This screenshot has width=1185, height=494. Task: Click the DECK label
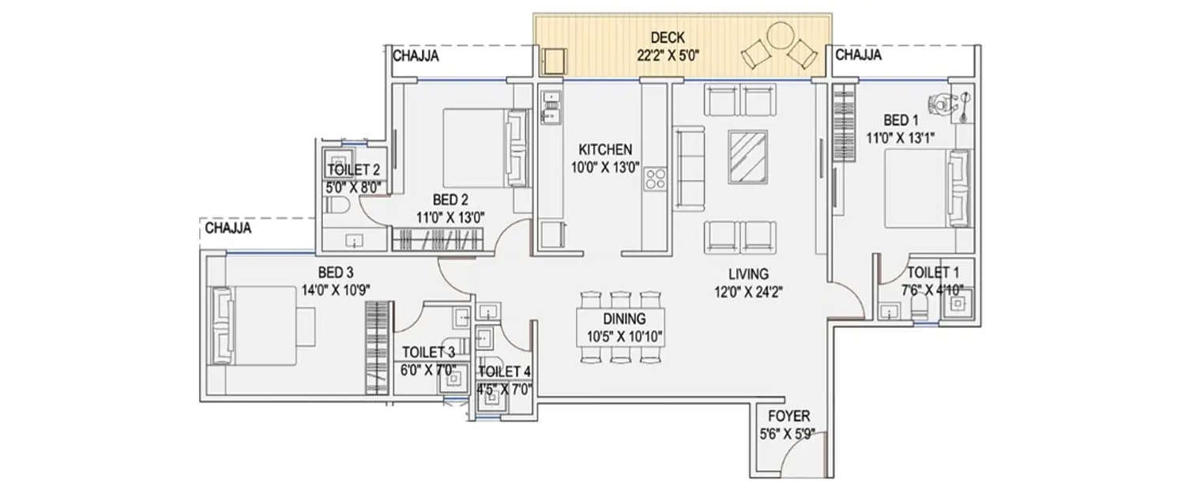click(x=668, y=37)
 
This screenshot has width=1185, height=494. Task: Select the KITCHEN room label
click(x=605, y=149)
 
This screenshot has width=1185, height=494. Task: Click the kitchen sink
click(x=550, y=108)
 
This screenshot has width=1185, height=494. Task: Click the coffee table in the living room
click(x=747, y=156)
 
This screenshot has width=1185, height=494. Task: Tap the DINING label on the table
click(x=623, y=319)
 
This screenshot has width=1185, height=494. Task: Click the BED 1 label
click(x=901, y=120)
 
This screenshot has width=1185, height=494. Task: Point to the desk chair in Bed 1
click(x=939, y=103)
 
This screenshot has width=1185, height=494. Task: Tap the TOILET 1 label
click(x=935, y=273)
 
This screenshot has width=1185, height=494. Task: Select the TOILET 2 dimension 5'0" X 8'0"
click(x=355, y=187)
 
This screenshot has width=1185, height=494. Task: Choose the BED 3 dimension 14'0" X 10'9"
click(x=336, y=288)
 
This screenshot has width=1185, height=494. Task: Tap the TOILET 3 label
click(x=428, y=353)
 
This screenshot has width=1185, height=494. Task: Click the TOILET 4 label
click(x=505, y=371)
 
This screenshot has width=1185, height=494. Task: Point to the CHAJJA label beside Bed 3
click(x=228, y=229)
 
